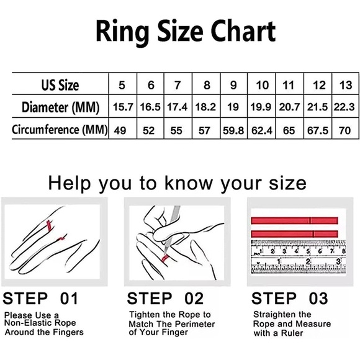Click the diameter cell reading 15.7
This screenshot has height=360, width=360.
click(x=123, y=107)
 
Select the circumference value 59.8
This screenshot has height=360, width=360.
click(x=233, y=130)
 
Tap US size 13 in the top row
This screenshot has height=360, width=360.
click(x=346, y=85)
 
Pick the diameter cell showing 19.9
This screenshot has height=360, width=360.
click(x=261, y=107)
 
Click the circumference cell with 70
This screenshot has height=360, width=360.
click(x=345, y=130)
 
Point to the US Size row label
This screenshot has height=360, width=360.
click(x=60, y=85)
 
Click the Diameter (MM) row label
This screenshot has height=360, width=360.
click(x=61, y=107)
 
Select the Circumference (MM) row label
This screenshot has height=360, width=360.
click(x=60, y=130)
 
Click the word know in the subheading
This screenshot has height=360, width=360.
click(x=189, y=183)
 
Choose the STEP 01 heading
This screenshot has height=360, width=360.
click(x=40, y=299)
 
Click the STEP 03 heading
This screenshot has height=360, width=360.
click(x=290, y=299)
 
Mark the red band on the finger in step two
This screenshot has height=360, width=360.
click(x=165, y=258)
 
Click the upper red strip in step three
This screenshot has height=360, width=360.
click(x=295, y=220)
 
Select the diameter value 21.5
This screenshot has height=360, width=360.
click(x=318, y=107)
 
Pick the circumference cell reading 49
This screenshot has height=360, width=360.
click(x=120, y=130)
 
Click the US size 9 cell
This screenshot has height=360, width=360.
click(x=233, y=85)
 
